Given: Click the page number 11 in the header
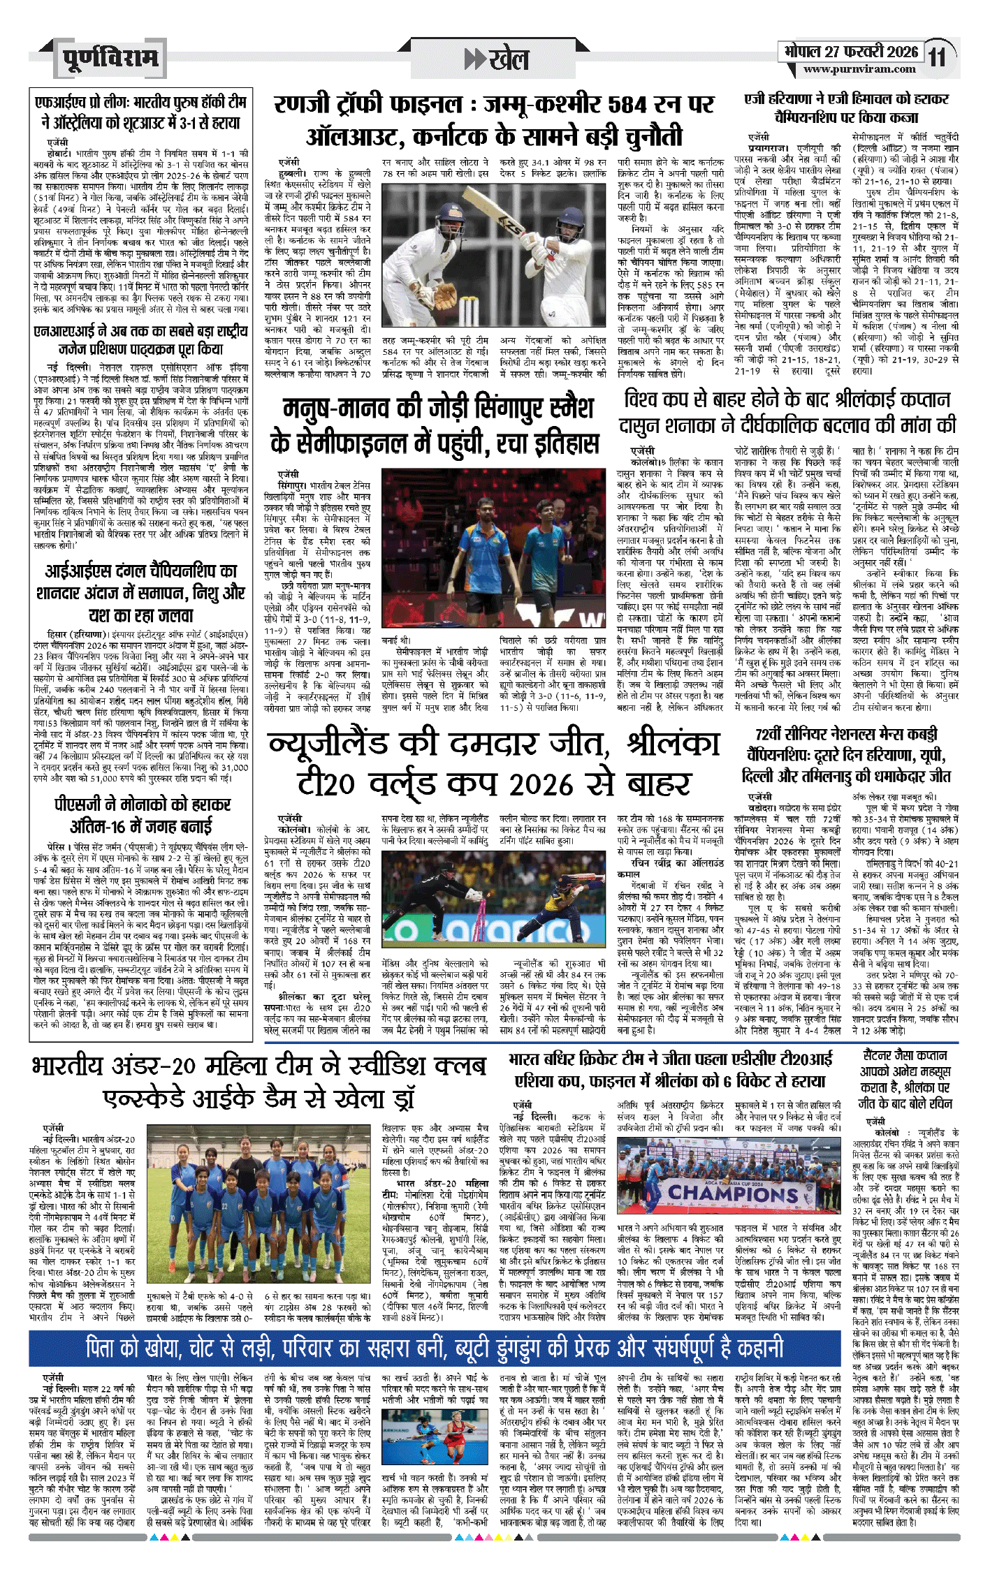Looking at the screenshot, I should click(x=938, y=57).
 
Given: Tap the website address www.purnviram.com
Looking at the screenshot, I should click(x=859, y=69).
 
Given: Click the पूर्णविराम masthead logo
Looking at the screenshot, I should click(x=110, y=58).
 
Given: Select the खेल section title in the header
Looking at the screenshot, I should click(x=507, y=59).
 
